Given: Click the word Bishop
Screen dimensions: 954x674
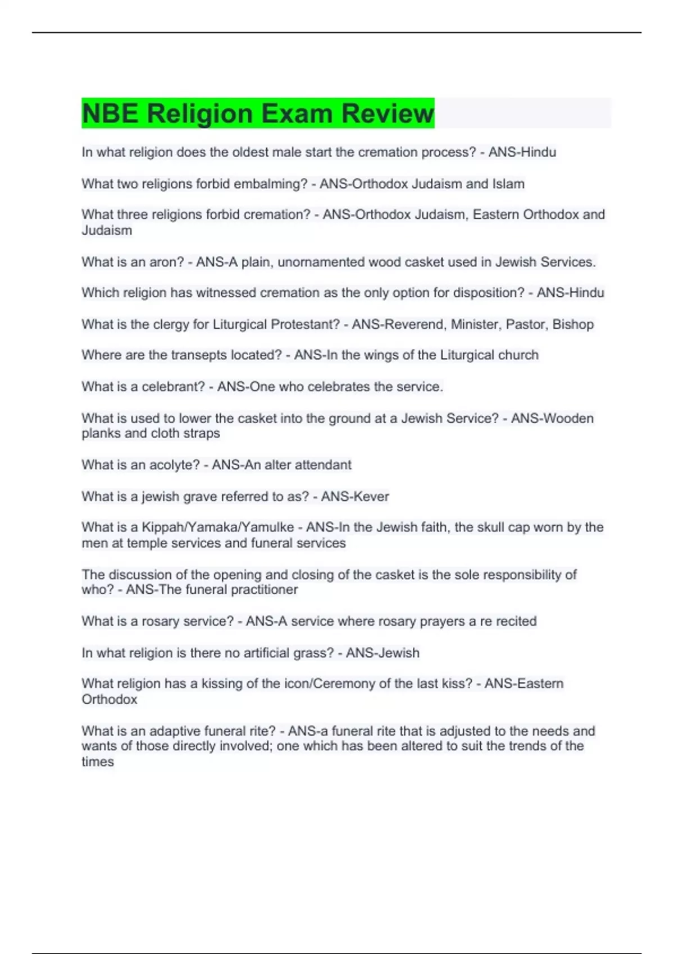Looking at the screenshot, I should (573, 324).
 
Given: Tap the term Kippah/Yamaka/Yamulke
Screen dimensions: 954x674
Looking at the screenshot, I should (217, 528).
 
